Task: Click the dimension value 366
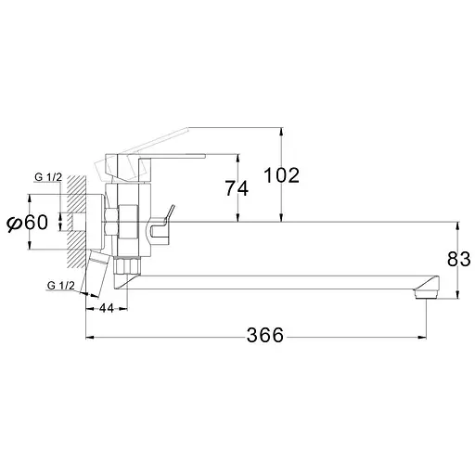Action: [265, 335]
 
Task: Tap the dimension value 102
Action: [281, 175]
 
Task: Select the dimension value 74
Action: [237, 188]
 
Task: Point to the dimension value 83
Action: [459, 259]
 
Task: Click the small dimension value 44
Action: [107, 308]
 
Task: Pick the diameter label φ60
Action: [28, 223]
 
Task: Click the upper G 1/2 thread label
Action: [48, 177]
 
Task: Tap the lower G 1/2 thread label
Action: [61, 286]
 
